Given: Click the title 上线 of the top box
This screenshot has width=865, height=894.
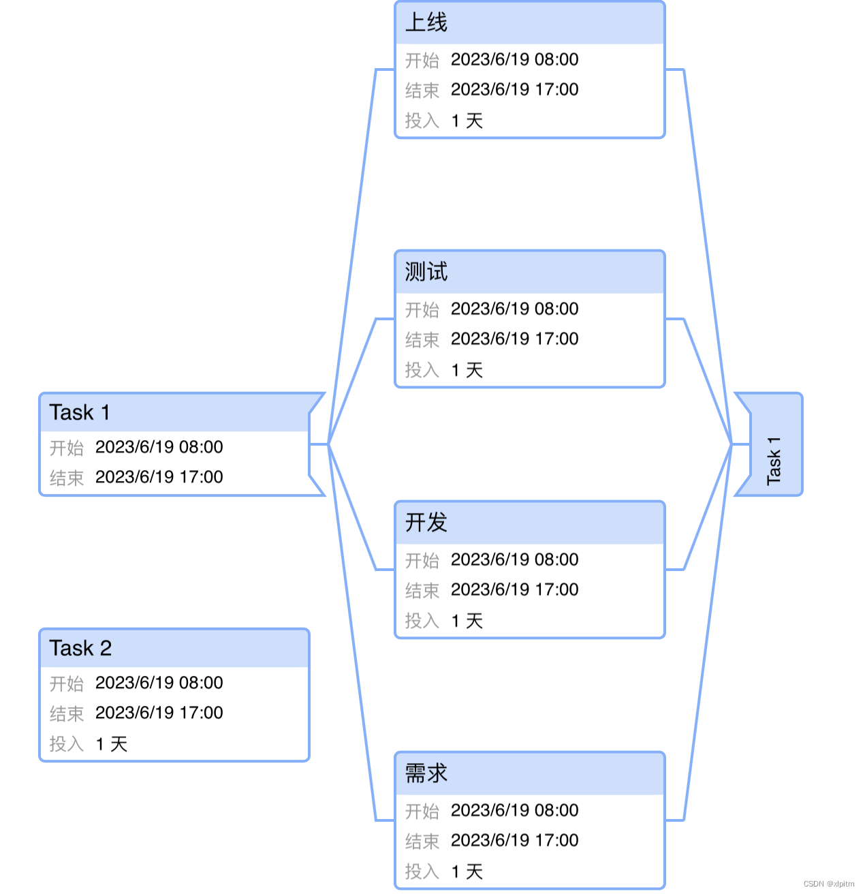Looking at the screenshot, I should [426, 22].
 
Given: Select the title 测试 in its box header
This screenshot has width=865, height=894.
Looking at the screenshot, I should [426, 272].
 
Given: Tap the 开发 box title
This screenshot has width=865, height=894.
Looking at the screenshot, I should [426, 523].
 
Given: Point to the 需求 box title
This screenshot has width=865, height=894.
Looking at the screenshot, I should [426, 773].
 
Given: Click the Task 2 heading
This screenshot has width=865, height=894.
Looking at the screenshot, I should [80, 648].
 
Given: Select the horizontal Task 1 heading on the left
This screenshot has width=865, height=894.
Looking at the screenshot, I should [79, 412].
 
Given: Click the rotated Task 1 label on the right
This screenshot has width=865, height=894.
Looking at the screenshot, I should [774, 461].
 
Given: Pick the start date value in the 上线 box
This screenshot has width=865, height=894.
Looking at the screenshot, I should [514, 60].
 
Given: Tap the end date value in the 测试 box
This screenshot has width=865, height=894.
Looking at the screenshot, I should [514, 339].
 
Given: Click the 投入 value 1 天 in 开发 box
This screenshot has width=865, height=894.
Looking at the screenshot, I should [467, 621].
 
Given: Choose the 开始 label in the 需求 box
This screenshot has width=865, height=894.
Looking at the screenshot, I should [422, 811].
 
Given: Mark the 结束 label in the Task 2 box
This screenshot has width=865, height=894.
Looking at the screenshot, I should [67, 713].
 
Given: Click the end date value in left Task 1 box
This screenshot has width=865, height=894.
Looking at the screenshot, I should [159, 477].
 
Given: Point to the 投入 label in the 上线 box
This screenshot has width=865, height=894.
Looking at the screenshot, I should [422, 121].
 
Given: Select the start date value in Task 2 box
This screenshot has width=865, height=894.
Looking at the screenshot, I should [159, 683].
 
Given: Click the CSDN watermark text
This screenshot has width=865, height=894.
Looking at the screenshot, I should [828, 884].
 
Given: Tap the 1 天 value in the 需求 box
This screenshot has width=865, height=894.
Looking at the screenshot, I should [467, 872].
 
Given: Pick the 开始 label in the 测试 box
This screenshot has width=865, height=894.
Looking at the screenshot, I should [422, 309].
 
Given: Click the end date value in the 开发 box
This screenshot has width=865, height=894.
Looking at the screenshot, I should [514, 590].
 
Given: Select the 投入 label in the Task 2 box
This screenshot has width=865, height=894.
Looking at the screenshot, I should [67, 744].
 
